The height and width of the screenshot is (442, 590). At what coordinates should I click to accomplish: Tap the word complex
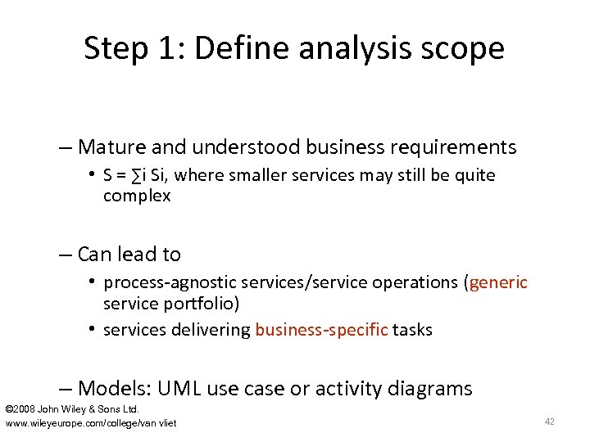point(137,196)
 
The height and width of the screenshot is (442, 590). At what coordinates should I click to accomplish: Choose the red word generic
point(499,282)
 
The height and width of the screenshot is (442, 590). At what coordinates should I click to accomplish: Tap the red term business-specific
point(321,330)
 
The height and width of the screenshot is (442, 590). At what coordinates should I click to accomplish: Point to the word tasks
point(412,330)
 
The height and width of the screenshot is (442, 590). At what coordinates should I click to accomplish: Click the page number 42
point(549,422)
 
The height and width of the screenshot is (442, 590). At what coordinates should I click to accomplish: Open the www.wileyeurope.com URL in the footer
point(90,422)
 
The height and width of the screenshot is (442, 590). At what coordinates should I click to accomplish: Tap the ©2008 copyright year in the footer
point(20,408)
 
